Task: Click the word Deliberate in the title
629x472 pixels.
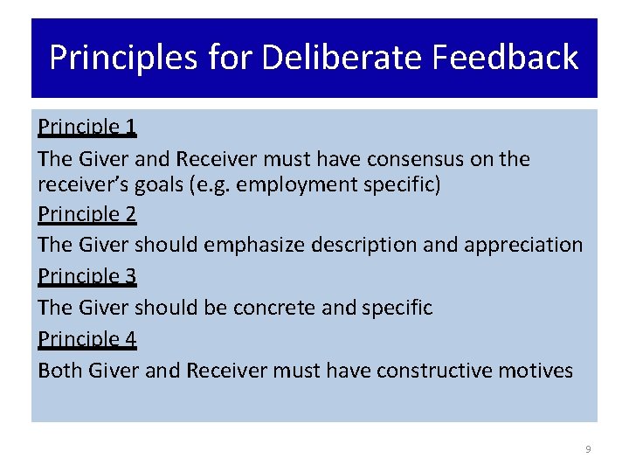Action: click(x=338, y=58)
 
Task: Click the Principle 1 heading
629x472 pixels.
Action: click(x=87, y=128)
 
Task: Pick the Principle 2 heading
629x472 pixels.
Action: click(x=87, y=214)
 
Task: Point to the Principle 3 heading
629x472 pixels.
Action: click(x=87, y=277)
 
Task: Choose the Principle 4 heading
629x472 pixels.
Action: click(x=87, y=339)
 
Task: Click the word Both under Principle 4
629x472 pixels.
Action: click(x=60, y=371)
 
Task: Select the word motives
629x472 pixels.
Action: click(x=536, y=371)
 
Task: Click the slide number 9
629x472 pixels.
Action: click(x=588, y=449)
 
